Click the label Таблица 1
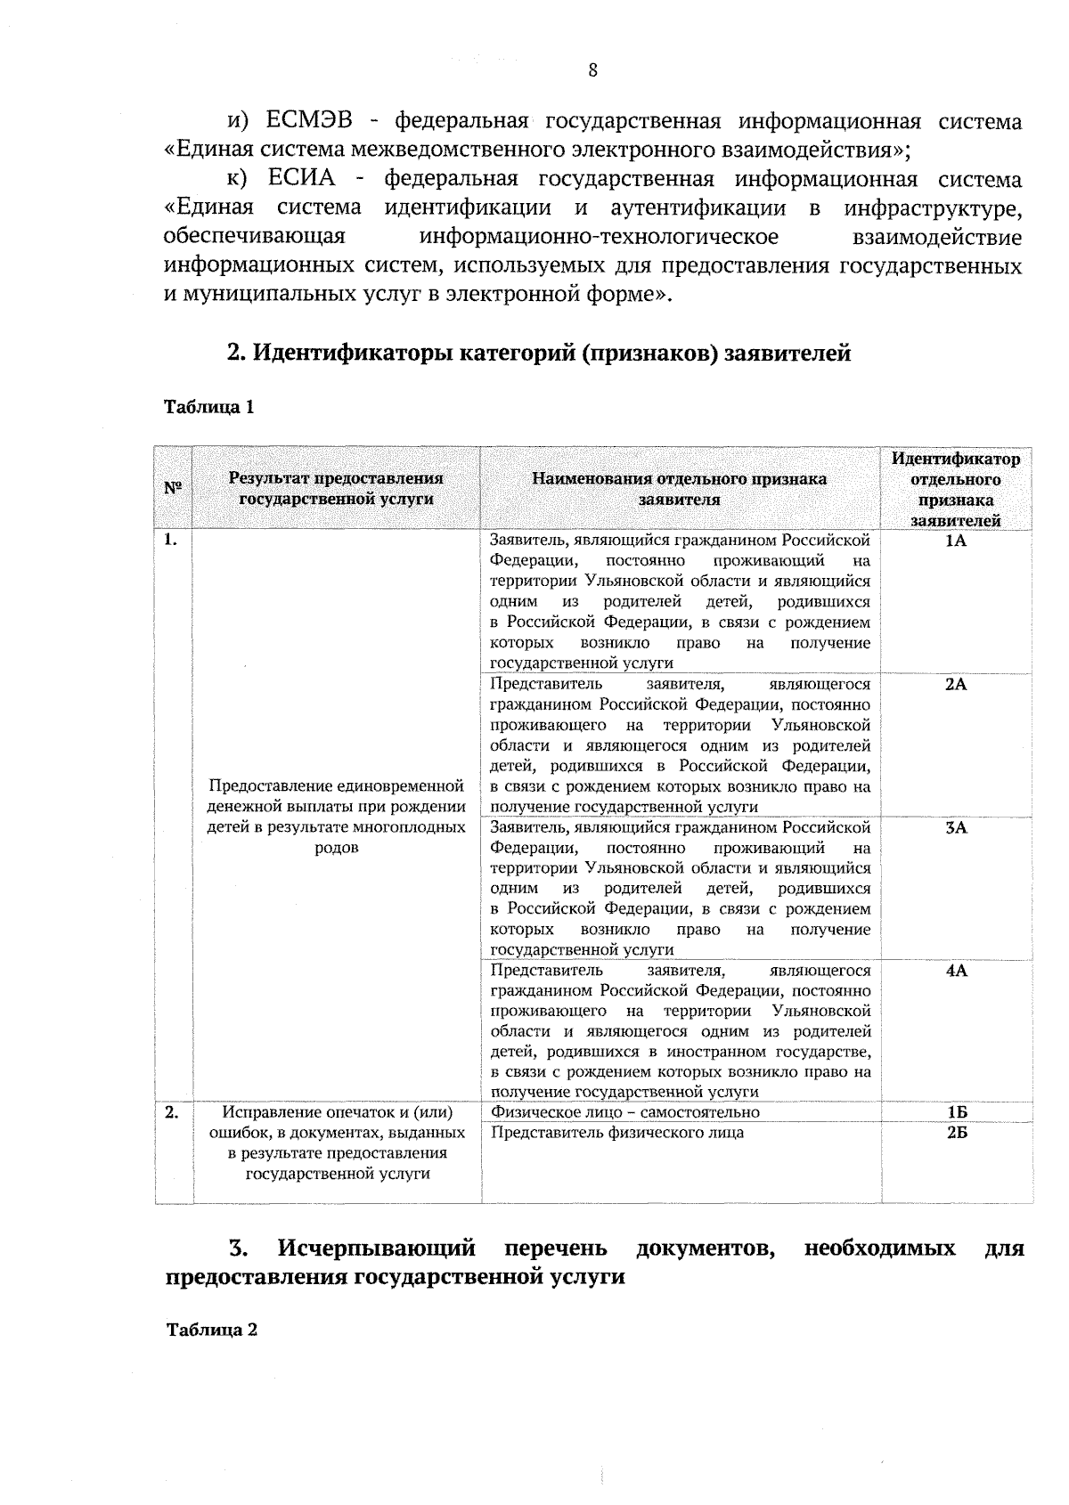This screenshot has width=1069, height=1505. tap(209, 407)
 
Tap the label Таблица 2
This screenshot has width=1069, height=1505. tap(212, 1330)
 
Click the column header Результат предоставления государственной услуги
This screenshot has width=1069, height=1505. tap(336, 489)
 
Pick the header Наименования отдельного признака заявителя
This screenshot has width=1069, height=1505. tap(679, 489)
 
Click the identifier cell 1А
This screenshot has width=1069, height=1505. tap(956, 541)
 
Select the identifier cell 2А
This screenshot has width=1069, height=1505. tap(956, 684)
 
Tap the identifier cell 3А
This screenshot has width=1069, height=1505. tap(956, 827)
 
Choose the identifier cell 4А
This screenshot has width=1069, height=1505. tap(956, 971)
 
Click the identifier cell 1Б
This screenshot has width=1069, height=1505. tap(957, 1112)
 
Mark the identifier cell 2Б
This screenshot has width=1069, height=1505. tap(957, 1133)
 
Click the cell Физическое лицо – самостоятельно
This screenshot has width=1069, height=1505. tap(625, 1112)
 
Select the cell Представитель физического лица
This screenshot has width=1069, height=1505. tap(617, 1133)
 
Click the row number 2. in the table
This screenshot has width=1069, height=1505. tap(171, 1112)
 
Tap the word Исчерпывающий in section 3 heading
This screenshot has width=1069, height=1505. tap(377, 1248)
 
